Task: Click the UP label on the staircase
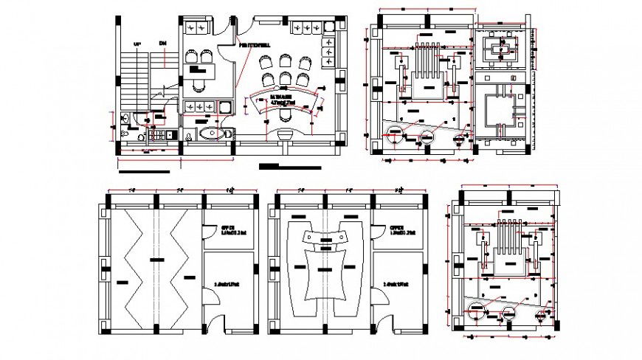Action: click(137, 45)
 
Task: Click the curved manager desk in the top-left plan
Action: click(285, 104)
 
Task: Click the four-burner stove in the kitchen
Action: click(157, 135)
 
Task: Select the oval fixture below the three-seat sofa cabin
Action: click(214, 134)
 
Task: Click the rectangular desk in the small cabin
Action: click(201, 72)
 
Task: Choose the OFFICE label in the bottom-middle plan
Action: click(396, 228)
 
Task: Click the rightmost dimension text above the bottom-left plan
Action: click(232, 190)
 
